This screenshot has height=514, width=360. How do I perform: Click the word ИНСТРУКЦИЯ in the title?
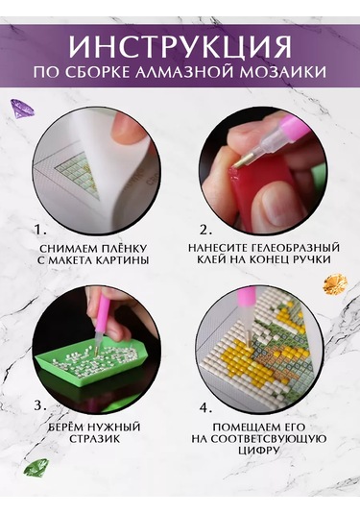180,46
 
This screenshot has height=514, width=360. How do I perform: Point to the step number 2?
205,231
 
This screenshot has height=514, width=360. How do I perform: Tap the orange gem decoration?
335,283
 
